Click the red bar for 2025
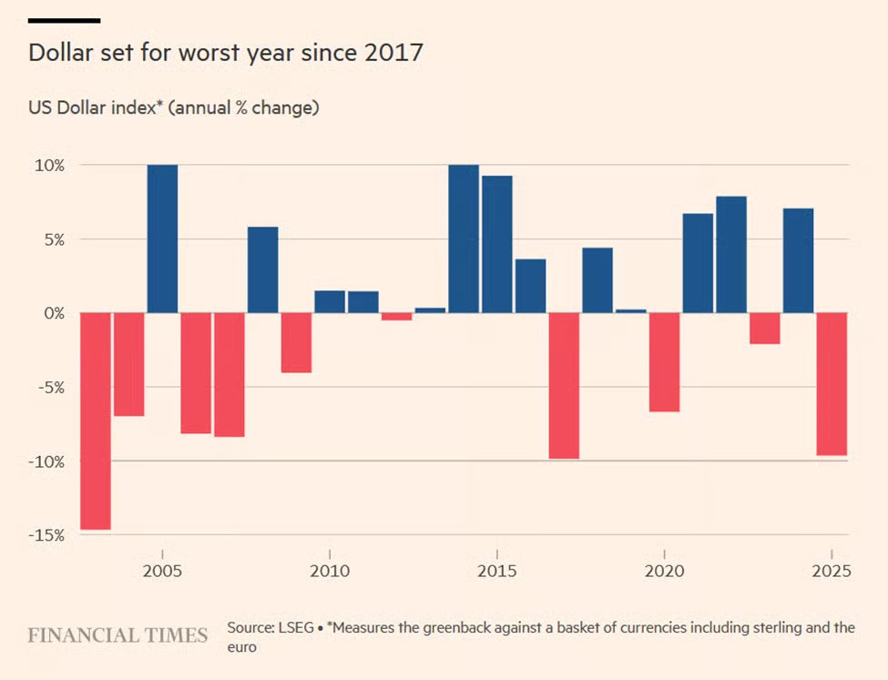pos(832,383)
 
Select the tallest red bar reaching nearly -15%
pos(96,420)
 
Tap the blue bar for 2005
pos(162,239)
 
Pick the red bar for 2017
pos(564,385)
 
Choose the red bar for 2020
pos(664,361)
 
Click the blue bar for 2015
pos(496,244)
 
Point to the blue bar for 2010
pos(330,301)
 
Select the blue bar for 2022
pos(730,254)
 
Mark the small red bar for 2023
pos(764,328)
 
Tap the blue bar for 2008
pos(262,269)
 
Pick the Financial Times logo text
pos(117,634)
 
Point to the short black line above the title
pos(65,20)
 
